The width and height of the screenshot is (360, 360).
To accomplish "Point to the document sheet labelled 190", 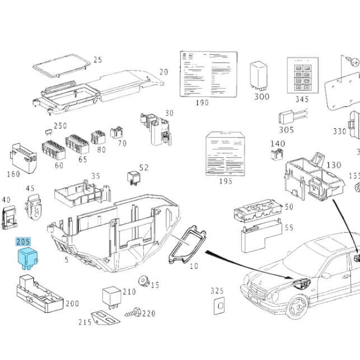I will (202, 74).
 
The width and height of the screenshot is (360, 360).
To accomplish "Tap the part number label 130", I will (334, 165).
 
